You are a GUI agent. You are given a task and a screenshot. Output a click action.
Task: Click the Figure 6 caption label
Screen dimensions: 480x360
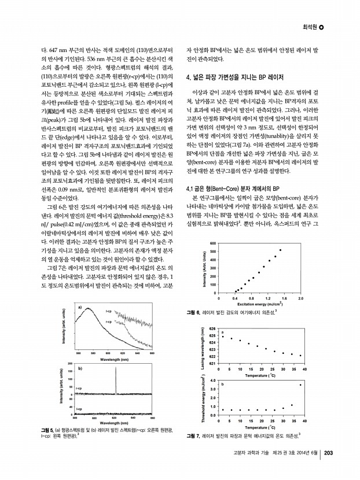[193, 312]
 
